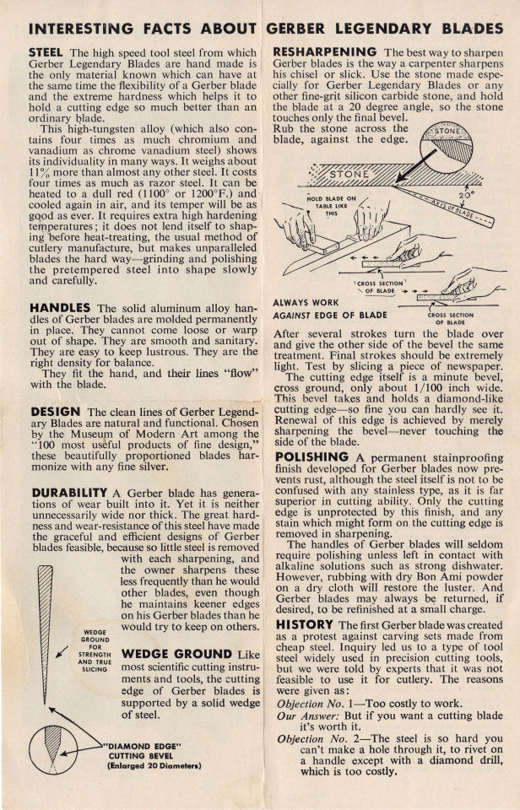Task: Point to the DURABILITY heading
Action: (x=69, y=492)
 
